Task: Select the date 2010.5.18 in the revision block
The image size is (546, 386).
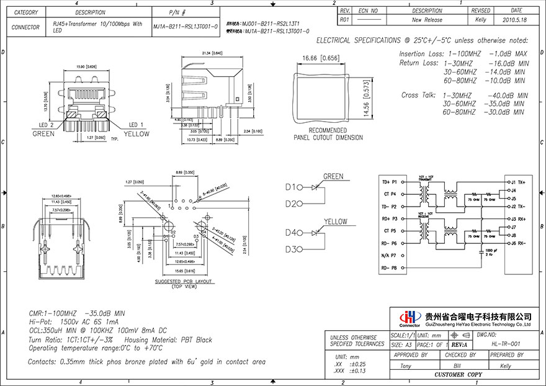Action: (x=516, y=20)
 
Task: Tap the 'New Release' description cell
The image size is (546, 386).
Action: (x=427, y=20)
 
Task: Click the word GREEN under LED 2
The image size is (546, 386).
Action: (x=43, y=134)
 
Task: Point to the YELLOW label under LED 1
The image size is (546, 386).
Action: (x=136, y=134)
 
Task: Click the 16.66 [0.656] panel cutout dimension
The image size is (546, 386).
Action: (x=321, y=58)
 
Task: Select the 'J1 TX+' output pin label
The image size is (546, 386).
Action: (x=517, y=182)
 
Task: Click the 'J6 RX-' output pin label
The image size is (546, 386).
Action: (x=517, y=243)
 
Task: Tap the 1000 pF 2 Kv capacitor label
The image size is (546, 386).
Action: (x=491, y=252)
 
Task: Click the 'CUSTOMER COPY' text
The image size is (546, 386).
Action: (x=457, y=375)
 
